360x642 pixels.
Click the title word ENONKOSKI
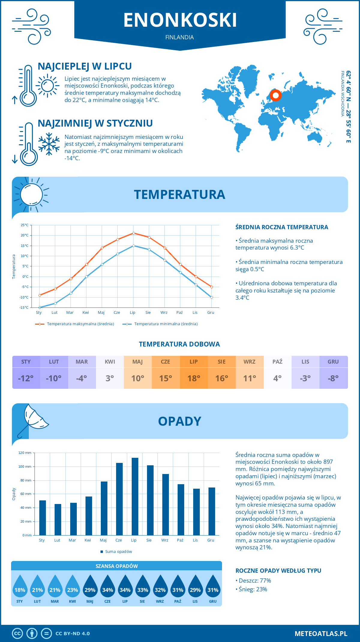pos(180,20)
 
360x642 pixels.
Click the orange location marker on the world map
pos(275,95)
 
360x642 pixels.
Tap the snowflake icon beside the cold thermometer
pos(49,144)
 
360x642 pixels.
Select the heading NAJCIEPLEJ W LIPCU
pos(85,66)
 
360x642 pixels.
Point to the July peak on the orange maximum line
pos(133,233)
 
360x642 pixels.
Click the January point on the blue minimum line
pos(40,307)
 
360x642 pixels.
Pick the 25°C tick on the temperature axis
pos(25,225)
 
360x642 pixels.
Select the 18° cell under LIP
pos(194,378)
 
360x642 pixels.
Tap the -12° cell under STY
pos(26,378)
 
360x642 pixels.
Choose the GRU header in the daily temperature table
pos(333,362)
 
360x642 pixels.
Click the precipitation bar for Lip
pos(135,496)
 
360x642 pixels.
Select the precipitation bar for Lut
pos(58,520)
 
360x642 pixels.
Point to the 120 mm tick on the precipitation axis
pos(25,453)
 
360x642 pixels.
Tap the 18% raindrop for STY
pos(20,588)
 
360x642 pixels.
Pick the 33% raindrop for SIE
pos(142,588)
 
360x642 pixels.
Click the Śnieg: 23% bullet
pos(253,589)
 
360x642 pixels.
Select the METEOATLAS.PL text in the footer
pos(321,634)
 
